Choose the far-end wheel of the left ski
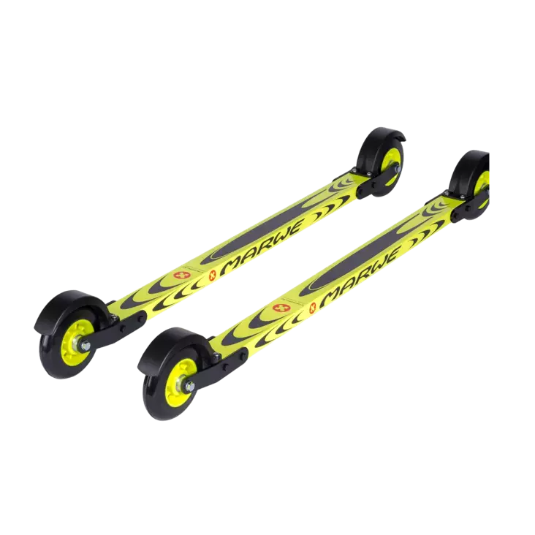pyautogui.click(x=382, y=155)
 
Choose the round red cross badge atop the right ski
pyautogui.click(x=281, y=307)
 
